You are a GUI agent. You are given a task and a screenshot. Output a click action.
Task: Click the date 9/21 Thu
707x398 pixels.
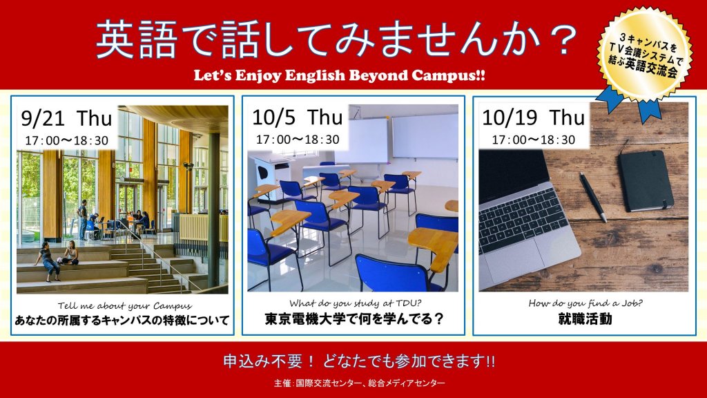tap(66, 119)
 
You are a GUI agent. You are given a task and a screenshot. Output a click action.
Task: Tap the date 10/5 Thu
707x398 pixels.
tap(297, 117)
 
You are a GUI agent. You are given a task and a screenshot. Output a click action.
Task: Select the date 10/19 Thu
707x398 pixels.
tap(533, 117)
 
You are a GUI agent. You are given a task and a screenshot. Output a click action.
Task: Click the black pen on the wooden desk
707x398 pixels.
tap(592, 197)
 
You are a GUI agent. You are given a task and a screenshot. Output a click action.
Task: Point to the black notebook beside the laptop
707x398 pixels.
tap(646, 180)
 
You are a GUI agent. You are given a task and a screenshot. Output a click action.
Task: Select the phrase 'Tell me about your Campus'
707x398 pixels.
tap(125, 306)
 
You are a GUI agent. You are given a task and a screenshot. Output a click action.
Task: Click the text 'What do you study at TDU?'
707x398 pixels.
tap(355, 304)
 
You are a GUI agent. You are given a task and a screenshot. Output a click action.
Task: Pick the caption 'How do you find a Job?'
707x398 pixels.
tap(585, 304)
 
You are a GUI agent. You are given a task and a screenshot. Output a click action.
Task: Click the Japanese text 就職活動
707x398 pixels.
tap(585, 319)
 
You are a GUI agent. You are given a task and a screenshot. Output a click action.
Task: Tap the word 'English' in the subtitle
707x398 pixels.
tap(314, 75)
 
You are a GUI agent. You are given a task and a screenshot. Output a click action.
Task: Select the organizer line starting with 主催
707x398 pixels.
tap(359, 383)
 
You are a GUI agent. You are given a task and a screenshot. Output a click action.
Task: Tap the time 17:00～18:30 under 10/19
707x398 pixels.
tap(534, 140)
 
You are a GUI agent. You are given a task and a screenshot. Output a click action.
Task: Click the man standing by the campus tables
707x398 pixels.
tap(83, 220)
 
